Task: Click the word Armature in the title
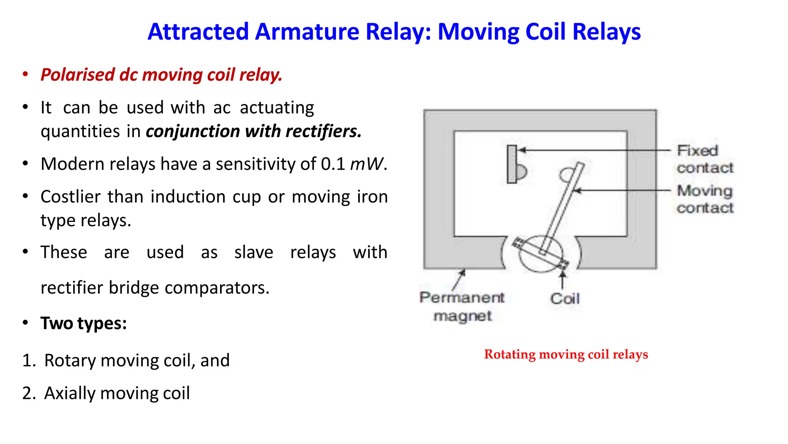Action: point(307,32)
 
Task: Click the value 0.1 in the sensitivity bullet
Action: point(333,164)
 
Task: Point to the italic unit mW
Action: point(366,164)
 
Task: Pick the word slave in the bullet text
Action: point(254,252)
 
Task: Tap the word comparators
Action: point(214,288)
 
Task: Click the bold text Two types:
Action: point(83,323)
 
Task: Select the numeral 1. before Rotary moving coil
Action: point(29,361)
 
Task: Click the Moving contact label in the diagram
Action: point(705,199)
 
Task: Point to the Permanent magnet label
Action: point(462,307)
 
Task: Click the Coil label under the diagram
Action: point(564,299)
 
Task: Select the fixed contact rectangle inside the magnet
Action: point(512,164)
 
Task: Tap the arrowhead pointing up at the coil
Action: point(562,274)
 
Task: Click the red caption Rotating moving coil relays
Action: point(566,354)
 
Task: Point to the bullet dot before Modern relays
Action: point(25,164)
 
